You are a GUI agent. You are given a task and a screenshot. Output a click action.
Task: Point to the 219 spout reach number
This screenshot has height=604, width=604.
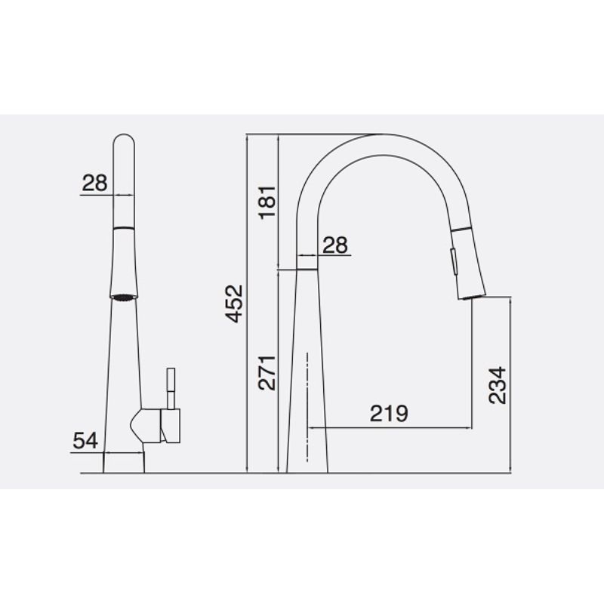pyautogui.click(x=389, y=413)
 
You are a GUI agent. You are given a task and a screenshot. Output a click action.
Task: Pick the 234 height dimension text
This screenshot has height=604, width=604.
pyautogui.click(x=498, y=385)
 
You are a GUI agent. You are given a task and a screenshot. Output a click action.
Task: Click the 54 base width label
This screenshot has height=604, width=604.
pyautogui.click(x=86, y=440)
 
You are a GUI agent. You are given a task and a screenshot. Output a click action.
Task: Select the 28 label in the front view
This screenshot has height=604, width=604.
pyautogui.click(x=95, y=182)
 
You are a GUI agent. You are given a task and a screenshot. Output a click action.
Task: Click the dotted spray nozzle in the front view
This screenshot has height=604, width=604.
pyautogui.click(x=125, y=296)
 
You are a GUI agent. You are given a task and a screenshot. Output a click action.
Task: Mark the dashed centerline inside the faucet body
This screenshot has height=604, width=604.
pyautogui.click(x=307, y=408)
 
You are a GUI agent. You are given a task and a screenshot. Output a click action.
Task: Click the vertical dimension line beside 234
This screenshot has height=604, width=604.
pyautogui.click(x=511, y=385)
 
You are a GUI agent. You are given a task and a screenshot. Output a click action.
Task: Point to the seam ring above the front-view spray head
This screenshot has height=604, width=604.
pyautogui.click(x=125, y=226)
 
